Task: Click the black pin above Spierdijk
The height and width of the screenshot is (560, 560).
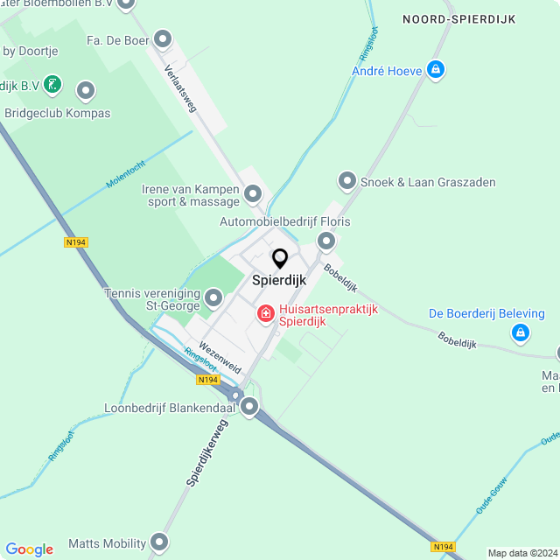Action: tap(280, 259)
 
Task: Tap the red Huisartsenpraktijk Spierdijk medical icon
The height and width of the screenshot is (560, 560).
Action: tap(264, 312)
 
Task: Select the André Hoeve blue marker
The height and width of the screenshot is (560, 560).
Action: tap(436, 70)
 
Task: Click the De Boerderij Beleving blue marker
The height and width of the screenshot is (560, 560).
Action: tap(521, 332)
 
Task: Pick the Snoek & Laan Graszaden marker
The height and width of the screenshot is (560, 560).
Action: tap(346, 181)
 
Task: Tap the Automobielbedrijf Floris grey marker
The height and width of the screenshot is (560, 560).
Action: tap(326, 240)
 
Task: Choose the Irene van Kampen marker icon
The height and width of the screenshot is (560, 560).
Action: tap(253, 192)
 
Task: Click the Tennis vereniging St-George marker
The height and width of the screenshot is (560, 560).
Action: tap(213, 300)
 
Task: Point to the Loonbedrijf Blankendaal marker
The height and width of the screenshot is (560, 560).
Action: tap(250, 406)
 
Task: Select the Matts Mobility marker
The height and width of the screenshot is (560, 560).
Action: tap(159, 542)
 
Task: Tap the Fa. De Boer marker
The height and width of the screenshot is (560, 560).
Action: tap(162, 38)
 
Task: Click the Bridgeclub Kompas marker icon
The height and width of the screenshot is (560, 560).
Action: tap(86, 90)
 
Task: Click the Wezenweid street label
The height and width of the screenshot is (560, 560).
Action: tap(220, 357)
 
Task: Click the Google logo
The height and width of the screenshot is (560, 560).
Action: tap(29, 549)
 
